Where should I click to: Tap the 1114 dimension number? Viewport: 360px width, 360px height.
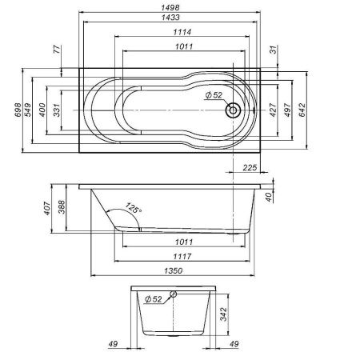185,32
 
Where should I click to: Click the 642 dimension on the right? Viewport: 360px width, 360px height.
303,110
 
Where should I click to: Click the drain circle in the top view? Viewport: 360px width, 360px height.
234,110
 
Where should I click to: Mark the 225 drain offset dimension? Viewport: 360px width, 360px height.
249,168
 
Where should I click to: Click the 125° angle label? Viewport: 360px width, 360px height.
133,209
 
